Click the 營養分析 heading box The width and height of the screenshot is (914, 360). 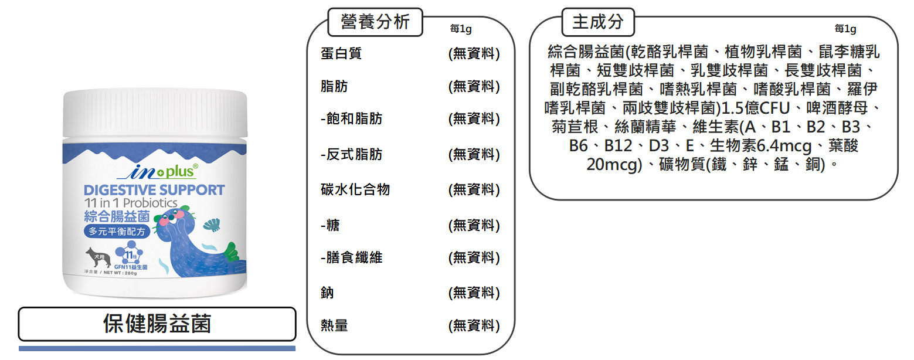375,22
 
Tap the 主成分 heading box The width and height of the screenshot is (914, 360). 598,22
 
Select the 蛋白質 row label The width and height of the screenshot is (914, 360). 341,53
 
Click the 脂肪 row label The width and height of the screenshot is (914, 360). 334,86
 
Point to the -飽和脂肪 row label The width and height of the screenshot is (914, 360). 351,119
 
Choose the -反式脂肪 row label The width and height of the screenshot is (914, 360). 351,154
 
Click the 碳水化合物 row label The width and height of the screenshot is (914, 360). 355,189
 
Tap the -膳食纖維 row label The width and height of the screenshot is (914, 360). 351,257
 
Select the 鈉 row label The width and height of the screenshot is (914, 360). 327,293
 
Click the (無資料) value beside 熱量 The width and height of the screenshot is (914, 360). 474,326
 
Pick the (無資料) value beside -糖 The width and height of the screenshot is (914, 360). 474,225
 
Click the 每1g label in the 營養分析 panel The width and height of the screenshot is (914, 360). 461,29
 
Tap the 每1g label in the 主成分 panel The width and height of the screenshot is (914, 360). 845,29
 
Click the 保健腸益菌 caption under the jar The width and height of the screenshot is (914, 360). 157,324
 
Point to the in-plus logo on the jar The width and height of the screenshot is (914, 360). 158,171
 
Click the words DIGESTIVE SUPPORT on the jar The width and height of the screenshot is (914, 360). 154,190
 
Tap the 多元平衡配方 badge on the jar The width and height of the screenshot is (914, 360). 117,232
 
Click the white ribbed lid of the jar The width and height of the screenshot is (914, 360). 155,113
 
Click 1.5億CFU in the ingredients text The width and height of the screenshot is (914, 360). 756,108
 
